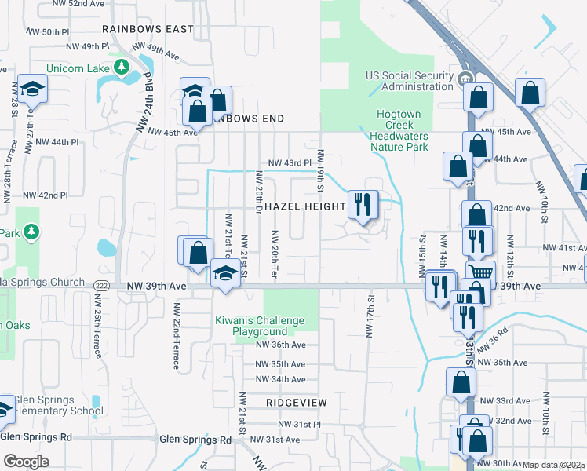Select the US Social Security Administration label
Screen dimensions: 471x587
(x=410, y=81)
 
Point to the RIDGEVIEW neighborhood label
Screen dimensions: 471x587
(x=296, y=402)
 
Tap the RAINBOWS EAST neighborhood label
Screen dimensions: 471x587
(x=147, y=29)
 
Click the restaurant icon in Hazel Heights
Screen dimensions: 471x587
(x=362, y=204)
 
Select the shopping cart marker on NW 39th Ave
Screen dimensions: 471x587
(x=479, y=272)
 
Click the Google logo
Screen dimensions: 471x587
(x=26, y=462)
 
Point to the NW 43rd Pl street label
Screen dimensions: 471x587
(x=290, y=163)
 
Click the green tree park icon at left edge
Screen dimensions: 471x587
(x=31, y=232)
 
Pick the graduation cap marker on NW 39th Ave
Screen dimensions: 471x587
(x=225, y=274)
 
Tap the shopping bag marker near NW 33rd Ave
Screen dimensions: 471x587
(x=461, y=381)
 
